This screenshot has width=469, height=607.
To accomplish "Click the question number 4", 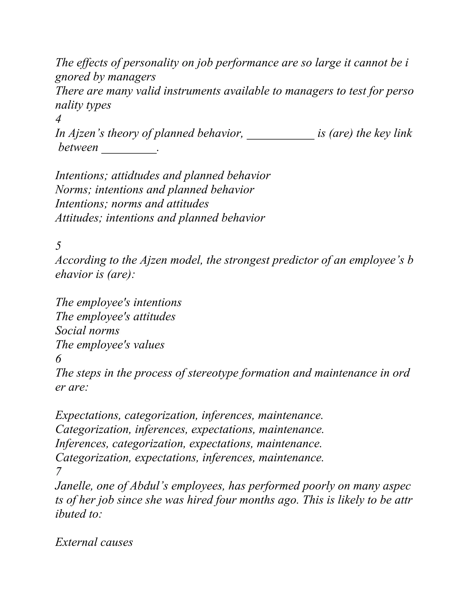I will click(x=58, y=119).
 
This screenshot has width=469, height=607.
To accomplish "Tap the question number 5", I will click(x=58, y=246).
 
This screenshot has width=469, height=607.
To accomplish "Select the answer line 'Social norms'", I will click(x=87, y=331).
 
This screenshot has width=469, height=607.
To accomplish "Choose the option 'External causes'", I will click(x=94, y=542).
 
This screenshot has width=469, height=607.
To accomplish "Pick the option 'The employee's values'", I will click(x=110, y=345).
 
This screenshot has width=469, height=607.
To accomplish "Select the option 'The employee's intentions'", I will click(x=118, y=302).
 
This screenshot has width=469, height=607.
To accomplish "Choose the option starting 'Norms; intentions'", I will click(x=155, y=190).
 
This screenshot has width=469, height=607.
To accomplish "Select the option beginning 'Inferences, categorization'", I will click(x=188, y=444).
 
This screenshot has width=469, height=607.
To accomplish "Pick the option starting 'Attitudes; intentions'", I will click(x=160, y=218).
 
